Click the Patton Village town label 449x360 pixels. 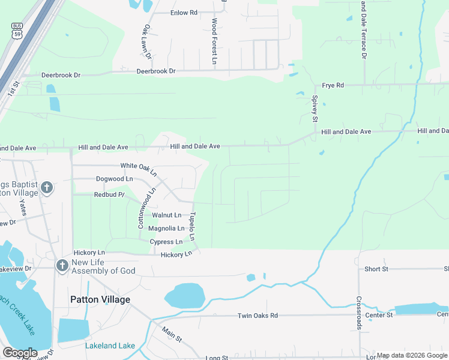100,299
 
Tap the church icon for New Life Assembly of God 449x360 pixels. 61,266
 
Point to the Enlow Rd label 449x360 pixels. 184,13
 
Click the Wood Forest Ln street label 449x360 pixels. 214,41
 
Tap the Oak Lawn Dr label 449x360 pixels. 146,42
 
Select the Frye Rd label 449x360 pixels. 333,85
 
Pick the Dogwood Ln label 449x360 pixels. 114,179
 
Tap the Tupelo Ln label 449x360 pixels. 193,226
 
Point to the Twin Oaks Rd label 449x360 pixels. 258,316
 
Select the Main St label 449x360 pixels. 171,334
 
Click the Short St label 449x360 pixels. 377,269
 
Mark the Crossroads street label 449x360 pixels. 359,313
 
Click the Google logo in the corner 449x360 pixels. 20,352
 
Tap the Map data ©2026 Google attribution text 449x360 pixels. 412,355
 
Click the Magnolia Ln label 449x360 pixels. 166,229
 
